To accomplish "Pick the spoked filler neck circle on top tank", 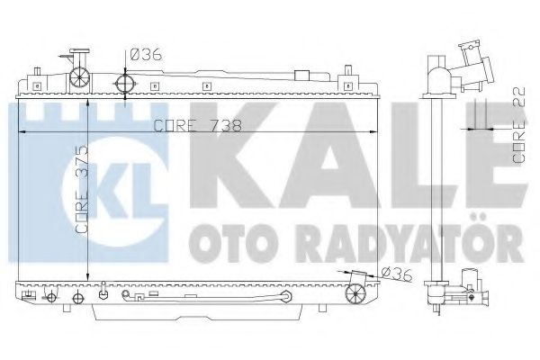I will click(x=79, y=76).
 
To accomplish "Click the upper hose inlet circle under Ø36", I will click(x=125, y=84).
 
